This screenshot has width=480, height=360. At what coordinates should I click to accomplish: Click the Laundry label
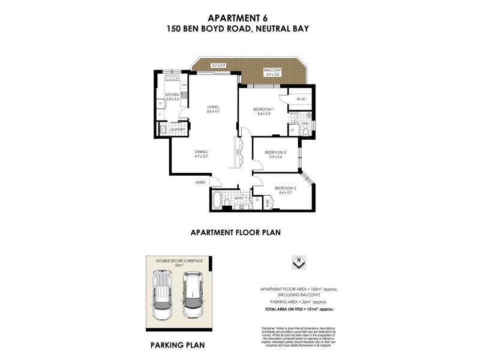(x=176, y=129)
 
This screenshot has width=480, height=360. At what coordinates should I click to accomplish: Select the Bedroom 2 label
(x=283, y=191)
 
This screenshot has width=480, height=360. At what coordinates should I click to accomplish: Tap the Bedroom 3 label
(x=276, y=155)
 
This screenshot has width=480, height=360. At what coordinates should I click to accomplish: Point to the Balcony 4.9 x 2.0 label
(x=273, y=73)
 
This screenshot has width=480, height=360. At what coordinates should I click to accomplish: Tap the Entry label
(x=200, y=182)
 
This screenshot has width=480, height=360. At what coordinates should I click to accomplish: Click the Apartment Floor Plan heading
(x=236, y=231)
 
